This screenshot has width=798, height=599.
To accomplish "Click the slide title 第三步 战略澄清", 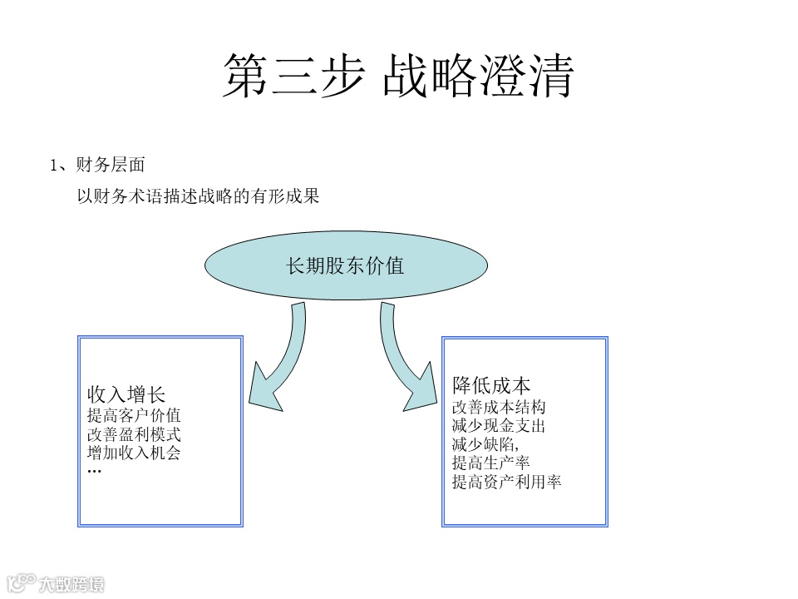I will [x=398, y=77].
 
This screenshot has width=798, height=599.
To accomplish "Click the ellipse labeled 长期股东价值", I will [x=346, y=266].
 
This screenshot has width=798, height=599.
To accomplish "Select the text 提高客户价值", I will [x=134, y=414].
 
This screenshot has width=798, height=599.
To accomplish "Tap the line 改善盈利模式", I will [x=134, y=433].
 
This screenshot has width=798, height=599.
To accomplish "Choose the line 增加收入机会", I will [x=134, y=453].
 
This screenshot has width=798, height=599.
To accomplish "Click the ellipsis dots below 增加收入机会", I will [x=94, y=472].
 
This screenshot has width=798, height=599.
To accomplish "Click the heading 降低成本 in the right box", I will [x=491, y=385].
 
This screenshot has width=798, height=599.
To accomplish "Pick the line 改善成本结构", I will [x=499, y=407].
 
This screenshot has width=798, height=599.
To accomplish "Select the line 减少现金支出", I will [x=499, y=426].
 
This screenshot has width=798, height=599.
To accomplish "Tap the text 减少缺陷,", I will [x=485, y=444].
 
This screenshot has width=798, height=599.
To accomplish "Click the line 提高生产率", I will [x=490, y=463].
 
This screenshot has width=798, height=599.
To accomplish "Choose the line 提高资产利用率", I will [x=506, y=482].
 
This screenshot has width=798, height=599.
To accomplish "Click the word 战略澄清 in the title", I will [x=478, y=77].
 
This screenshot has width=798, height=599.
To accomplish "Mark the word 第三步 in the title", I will [x=293, y=77].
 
